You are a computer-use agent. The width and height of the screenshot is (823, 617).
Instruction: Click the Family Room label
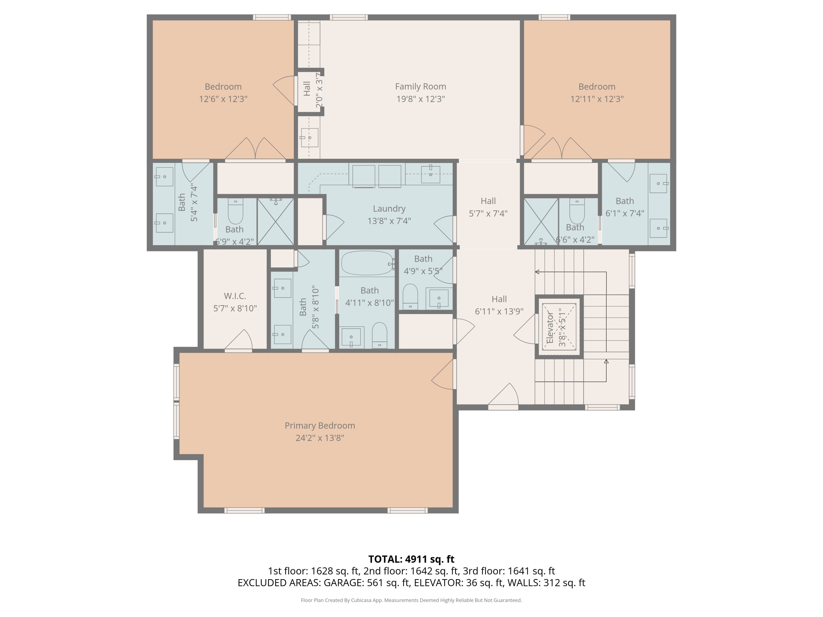(x=421, y=87)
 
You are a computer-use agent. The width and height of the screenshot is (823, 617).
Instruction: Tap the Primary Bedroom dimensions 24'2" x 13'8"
(x=320, y=438)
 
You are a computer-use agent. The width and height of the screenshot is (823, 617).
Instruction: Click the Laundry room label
(x=389, y=209)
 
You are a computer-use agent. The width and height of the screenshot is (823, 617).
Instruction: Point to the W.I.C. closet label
(x=235, y=296)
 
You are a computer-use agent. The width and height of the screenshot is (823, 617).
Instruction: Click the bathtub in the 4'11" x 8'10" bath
(x=367, y=263)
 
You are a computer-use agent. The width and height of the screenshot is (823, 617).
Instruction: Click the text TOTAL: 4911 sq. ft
(x=411, y=559)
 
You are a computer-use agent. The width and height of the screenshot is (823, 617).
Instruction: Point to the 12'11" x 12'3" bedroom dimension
(x=597, y=99)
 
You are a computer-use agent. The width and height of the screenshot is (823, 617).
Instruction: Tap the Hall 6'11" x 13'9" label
(x=499, y=305)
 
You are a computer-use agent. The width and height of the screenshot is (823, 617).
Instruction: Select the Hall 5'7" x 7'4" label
(x=488, y=207)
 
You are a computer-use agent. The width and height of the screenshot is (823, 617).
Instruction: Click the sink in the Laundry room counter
(x=430, y=174)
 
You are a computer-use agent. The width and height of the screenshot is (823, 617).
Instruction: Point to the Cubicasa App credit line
(x=411, y=600)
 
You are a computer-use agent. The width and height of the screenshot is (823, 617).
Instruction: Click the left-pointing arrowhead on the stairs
(x=537, y=272)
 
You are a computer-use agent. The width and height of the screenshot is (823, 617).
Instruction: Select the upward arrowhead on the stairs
(x=606, y=361)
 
